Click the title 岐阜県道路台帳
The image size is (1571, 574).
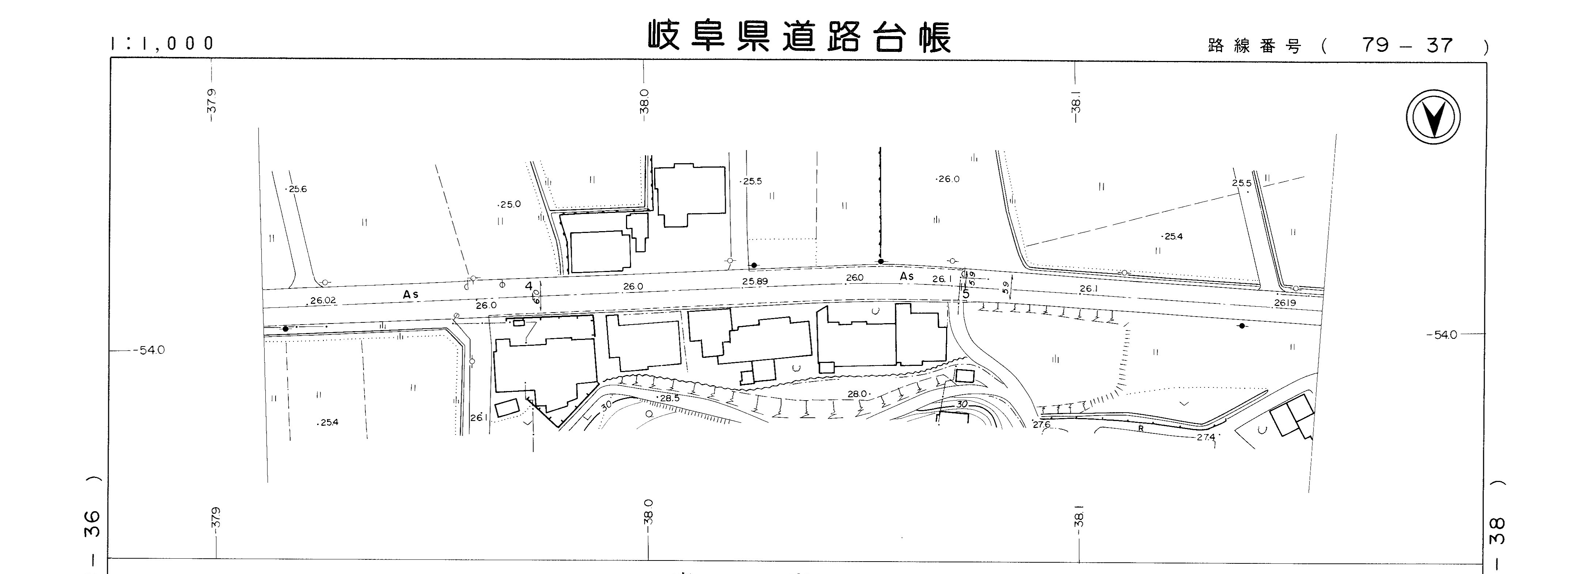(x=799, y=38)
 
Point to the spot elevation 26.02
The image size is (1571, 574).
(x=323, y=301)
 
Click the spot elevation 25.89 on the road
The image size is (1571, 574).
(x=755, y=282)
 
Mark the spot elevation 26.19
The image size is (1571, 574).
(x=1285, y=303)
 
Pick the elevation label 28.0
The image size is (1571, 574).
(x=857, y=394)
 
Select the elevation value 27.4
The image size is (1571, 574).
(x=1205, y=437)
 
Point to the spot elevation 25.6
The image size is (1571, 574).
(x=297, y=189)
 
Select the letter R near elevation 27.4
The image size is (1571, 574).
(x=1141, y=428)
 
